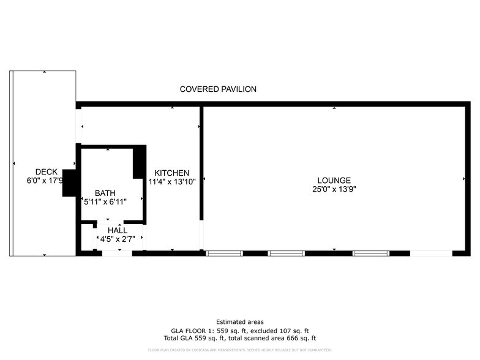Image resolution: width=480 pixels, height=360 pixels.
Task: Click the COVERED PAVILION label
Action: (x=218, y=89)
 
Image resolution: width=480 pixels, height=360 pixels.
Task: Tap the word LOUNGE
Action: (x=334, y=181)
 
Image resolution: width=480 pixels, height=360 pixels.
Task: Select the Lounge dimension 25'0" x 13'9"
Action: (x=334, y=189)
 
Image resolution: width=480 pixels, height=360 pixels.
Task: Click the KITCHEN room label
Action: (x=171, y=173)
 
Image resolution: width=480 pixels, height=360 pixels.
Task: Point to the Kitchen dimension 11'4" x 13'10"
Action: (x=171, y=182)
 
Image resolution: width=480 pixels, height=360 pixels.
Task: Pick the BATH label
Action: (x=105, y=193)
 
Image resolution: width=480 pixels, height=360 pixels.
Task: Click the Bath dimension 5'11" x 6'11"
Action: (x=105, y=201)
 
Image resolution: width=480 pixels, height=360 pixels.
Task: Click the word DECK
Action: (x=46, y=172)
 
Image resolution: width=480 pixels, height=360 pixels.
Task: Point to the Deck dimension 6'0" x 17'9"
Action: (x=44, y=181)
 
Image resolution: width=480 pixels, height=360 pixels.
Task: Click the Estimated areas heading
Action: (x=240, y=322)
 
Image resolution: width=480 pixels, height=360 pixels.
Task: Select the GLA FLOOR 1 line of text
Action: (x=240, y=330)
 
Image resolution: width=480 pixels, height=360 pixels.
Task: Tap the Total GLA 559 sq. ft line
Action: (x=240, y=338)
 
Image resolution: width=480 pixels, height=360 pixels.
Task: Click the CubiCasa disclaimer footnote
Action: (x=240, y=350)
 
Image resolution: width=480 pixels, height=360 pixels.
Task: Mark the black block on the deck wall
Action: (x=69, y=182)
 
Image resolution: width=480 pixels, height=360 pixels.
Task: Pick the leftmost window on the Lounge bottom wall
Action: (x=225, y=253)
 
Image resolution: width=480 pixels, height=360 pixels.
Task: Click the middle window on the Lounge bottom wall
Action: (x=286, y=253)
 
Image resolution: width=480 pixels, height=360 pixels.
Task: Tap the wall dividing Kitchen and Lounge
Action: (x=201, y=162)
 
